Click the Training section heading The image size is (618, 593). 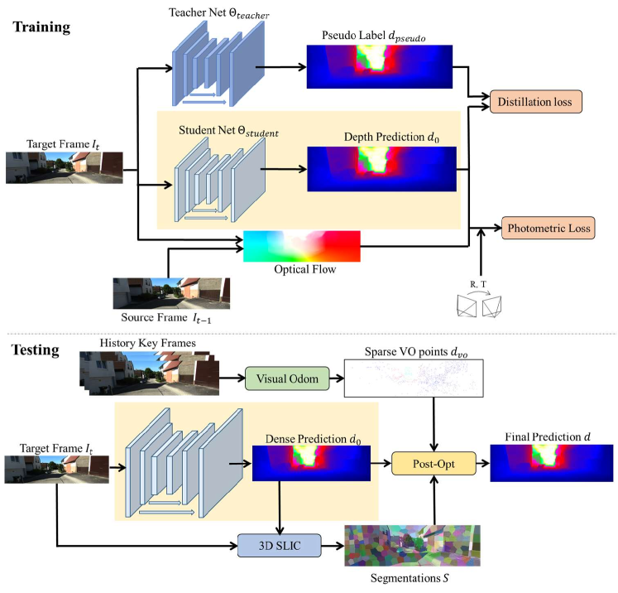pyautogui.click(x=41, y=27)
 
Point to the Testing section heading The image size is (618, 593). pyautogui.click(x=36, y=350)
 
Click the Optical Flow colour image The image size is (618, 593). pyautogui.click(x=302, y=246)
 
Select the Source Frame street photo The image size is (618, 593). pyautogui.click(x=171, y=293)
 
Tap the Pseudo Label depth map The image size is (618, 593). pyautogui.click(x=380, y=67)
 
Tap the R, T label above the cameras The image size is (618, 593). pyautogui.click(x=478, y=284)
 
